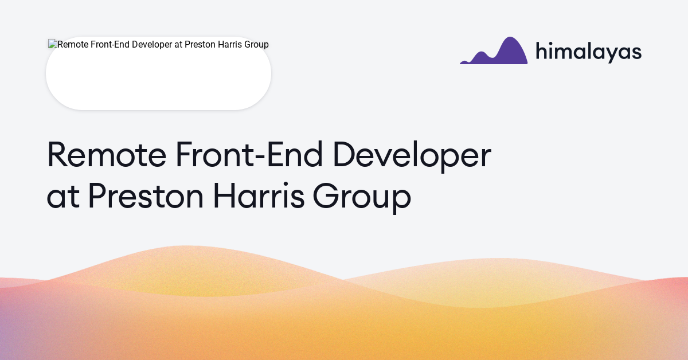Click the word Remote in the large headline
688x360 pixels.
tap(107, 154)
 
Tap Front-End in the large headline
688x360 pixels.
tap(249, 154)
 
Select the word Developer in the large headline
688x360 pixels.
tap(412, 156)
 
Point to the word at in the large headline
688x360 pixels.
tap(63, 196)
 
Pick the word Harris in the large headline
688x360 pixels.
tap(259, 195)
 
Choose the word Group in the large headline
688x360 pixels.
tap(362, 198)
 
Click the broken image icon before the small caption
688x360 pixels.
tap(53, 44)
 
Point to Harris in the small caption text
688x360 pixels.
tap(230, 45)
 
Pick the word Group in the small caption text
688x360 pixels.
tap(257, 45)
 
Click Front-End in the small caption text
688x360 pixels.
tap(110, 45)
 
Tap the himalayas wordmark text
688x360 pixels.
tap(589, 52)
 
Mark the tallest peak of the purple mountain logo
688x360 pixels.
tap(510, 37)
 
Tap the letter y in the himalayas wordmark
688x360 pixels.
tap(612, 54)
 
